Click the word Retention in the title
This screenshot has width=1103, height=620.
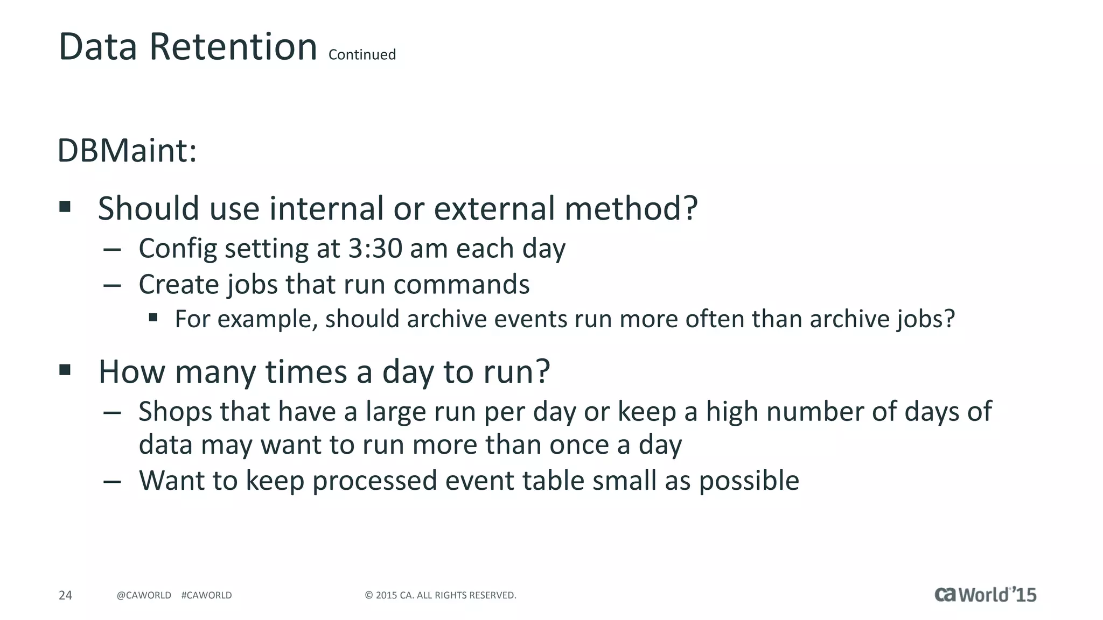tap(233, 47)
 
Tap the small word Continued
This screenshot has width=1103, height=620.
tap(362, 55)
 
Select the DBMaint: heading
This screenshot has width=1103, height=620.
tap(127, 151)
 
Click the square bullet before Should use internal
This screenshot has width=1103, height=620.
tap(65, 207)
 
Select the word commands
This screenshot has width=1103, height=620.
tap(461, 284)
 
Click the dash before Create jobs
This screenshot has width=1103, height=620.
tap(111, 285)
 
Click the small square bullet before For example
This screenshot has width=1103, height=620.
tap(153, 318)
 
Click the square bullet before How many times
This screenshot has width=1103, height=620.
tap(65, 370)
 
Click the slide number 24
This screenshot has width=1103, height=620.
tap(65, 595)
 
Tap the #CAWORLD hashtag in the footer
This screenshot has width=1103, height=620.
tap(207, 595)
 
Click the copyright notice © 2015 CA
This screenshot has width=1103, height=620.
tap(440, 595)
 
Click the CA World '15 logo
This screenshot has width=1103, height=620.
tap(985, 594)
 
